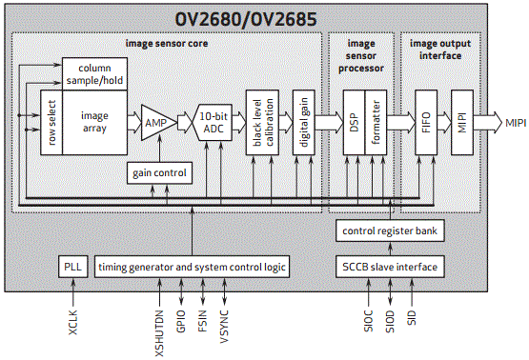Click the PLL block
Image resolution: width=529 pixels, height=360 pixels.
click(72, 267)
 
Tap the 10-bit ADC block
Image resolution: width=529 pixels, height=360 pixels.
click(213, 122)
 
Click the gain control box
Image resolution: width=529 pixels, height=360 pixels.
click(159, 173)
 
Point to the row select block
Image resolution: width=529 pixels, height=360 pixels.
click(51, 122)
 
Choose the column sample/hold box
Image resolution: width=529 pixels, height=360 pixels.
click(94, 74)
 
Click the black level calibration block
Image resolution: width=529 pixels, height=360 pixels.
click(262, 122)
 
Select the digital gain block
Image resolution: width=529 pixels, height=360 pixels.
click(304, 122)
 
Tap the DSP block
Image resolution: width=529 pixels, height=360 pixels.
click(354, 122)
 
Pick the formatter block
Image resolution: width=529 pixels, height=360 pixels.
click(376, 122)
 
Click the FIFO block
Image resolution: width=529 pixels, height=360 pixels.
click(426, 122)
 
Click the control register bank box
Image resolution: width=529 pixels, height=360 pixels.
click(390, 230)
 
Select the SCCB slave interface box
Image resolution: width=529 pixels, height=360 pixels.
click(390, 267)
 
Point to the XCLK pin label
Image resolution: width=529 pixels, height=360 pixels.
click(72, 323)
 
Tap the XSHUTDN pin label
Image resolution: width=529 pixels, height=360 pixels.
click(159, 333)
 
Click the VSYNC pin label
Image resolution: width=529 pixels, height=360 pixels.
click(224, 327)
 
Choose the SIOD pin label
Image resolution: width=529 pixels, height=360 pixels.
click(390, 322)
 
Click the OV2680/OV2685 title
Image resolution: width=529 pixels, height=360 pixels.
click(246, 19)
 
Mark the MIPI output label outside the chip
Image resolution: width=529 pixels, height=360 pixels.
click(516, 123)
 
